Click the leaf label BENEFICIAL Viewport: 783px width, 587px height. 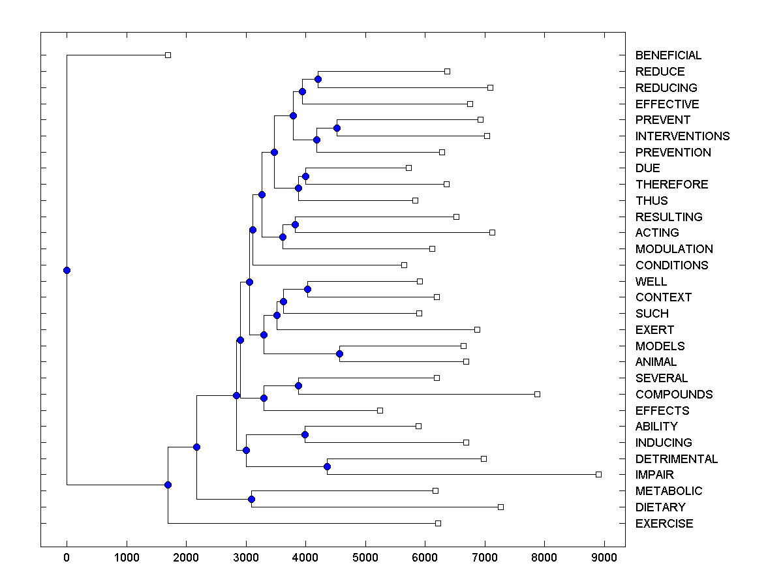(668, 55)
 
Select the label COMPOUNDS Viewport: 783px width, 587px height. (674, 395)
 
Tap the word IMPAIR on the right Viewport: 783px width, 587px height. (654, 475)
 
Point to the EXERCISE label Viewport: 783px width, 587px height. (664, 524)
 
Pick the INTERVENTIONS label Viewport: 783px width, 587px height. (683, 136)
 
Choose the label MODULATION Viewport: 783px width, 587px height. (674, 249)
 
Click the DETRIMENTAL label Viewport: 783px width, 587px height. (676, 459)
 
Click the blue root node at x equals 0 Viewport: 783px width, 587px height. (67, 270)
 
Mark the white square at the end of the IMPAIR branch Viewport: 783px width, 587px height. (598, 474)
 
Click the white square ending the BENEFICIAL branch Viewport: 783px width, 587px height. (168, 55)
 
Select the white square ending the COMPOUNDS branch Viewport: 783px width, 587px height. (537, 394)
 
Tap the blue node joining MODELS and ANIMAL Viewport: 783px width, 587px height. (339, 354)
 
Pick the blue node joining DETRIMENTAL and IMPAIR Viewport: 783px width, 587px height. (328, 466)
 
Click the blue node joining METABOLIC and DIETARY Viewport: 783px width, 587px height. (251, 499)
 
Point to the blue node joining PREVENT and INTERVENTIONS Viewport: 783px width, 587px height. (337, 128)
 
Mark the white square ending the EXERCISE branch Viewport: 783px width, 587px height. (438, 523)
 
